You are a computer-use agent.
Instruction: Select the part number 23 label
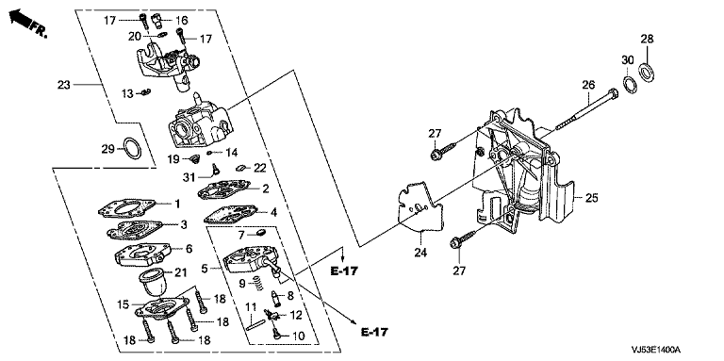point(64,85)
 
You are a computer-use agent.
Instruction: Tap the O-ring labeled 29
point(134,149)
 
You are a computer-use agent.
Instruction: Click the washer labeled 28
point(647,71)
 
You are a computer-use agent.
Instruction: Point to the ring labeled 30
point(629,86)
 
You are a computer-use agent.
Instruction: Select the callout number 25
point(591,198)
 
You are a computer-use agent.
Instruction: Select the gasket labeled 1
point(126,209)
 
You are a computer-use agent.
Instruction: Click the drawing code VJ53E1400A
point(658,352)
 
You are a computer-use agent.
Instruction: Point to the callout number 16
point(181,20)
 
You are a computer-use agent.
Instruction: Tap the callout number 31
point(189,176)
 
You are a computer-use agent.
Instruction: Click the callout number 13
point(127,94)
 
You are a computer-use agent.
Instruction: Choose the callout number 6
point(189,248)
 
